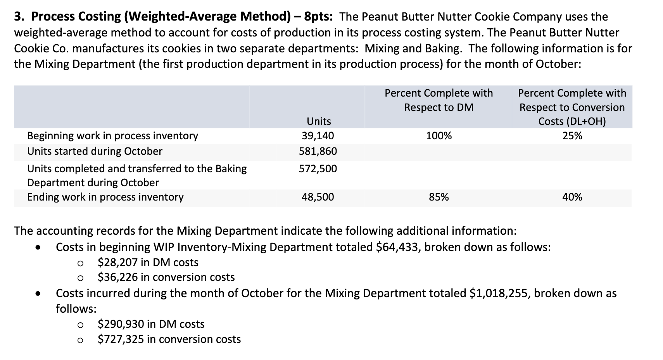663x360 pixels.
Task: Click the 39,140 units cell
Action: click(318, 136)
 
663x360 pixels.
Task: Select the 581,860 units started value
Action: click(318, 151)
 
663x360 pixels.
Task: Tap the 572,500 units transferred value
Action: click(318, 169)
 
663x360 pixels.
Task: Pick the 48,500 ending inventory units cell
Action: click(318, 197)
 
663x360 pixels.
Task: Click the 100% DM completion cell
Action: click(439, 136)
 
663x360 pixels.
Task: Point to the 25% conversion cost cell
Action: click(572, 136)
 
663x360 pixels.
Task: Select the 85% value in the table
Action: click(439, 197)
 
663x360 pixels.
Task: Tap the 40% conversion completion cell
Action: click(572, 197)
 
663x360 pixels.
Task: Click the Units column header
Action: click(319, 121)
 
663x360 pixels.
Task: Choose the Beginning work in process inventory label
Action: click(112, 136)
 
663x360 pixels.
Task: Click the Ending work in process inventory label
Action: click(105, 197)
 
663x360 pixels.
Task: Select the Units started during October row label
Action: click(95, 151)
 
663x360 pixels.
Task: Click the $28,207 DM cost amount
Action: click(117, 263)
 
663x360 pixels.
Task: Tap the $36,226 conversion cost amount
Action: click(117, 277)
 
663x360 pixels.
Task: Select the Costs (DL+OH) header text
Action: click(572, 121)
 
